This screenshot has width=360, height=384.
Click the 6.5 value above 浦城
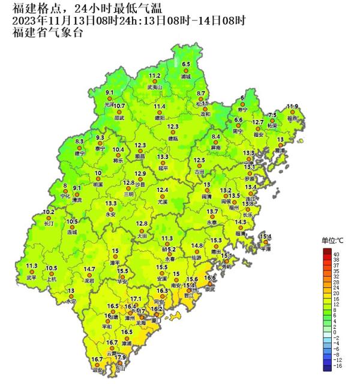tap(186, 64)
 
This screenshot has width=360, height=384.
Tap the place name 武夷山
tap(155, 87)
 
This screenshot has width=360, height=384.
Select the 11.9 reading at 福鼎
tap(292, 106)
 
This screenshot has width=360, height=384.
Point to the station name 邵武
tap(119, 118)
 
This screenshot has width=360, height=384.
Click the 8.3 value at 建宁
tap(80, 141)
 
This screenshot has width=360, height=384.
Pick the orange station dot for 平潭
tap(266, 242)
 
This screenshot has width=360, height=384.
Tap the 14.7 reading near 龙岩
tap(89, 269)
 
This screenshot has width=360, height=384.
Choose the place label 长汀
tap(49, 223)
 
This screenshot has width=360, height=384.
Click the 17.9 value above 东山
tap(121, 358)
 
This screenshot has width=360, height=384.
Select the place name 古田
tap(200, 172)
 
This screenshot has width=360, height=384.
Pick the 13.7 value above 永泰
tap(212, 211)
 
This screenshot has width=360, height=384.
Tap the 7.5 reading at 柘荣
tap(272, 115)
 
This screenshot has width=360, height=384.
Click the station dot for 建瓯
tap(173, 133)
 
